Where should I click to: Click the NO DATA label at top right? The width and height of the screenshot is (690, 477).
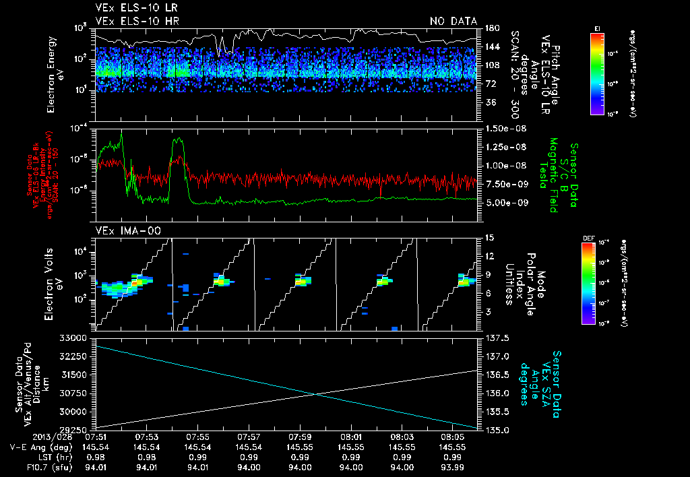[x=453, y=22]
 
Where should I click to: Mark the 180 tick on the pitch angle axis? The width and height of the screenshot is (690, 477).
[x=491, y=28]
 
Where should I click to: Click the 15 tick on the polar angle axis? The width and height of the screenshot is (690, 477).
[x=489, y=237]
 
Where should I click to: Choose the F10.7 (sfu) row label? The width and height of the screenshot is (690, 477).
[x=25, y=466]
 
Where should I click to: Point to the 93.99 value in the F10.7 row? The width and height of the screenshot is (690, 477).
[x=452, y=466]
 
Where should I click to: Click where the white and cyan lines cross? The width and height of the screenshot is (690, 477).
[x=316, y=394]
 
